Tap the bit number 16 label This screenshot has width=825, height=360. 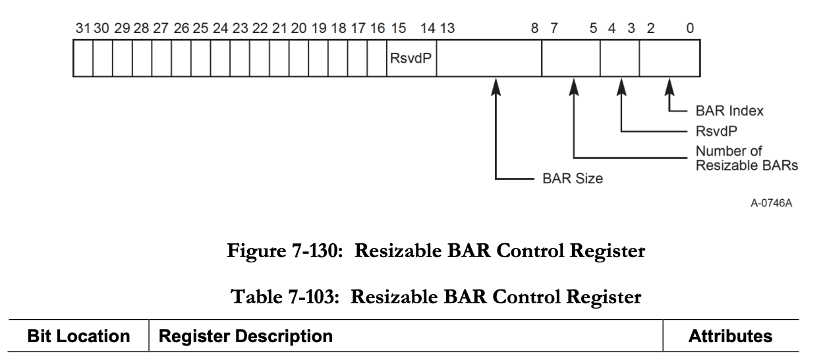pos(378,29)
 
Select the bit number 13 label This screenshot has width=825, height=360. pos(447,29)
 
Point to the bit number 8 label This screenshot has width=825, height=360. pos(534,29)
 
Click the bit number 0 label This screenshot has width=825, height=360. pos(689,29)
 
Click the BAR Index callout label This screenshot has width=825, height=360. pos(729,111)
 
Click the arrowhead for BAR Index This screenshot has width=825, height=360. pos(669,86)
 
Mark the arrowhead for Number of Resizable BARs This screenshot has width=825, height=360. pos(575,86)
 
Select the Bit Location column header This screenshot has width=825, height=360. pos(78,337)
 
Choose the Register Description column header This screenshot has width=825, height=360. pos(247,337)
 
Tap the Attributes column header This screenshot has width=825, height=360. pos(730,337)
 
